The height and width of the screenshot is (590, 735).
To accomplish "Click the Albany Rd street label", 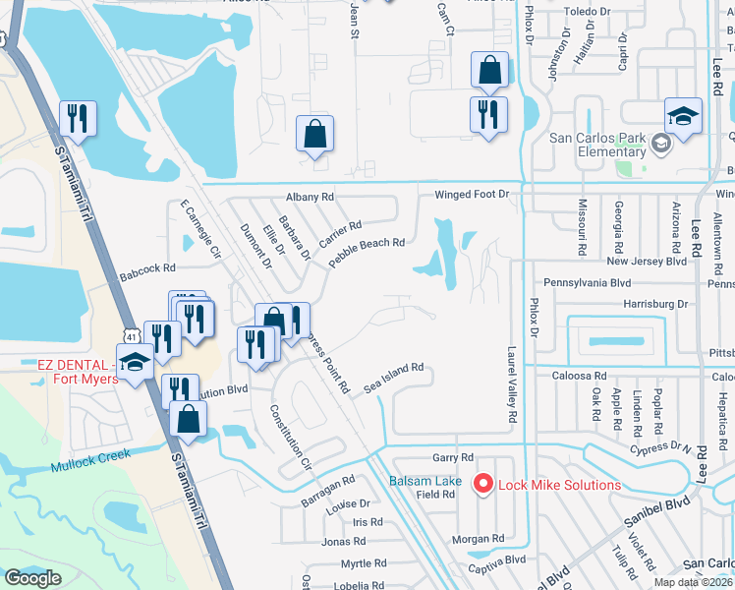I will pyautogui.click(x=311, y=197).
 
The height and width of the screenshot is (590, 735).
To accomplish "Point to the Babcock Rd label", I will pyautogui.click(x=147, y=266).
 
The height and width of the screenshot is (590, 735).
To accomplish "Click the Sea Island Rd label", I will pyautogui.click(x=393, y=376).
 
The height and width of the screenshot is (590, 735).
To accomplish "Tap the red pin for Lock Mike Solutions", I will pyautogui.click(x=482, y=484).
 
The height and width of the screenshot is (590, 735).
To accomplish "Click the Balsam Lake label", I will pyautogui.click(x=424, y=481).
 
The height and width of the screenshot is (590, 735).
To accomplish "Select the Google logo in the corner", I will pyautogui.click(x=32, y=578).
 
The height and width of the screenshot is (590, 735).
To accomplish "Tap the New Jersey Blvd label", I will pyautogui.click(x=646, y=262).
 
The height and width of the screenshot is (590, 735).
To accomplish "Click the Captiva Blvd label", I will pyautogui.click(x=501, y=560).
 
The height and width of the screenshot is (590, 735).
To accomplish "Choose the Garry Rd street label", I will pyautogui.click(x=453, y=458).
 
